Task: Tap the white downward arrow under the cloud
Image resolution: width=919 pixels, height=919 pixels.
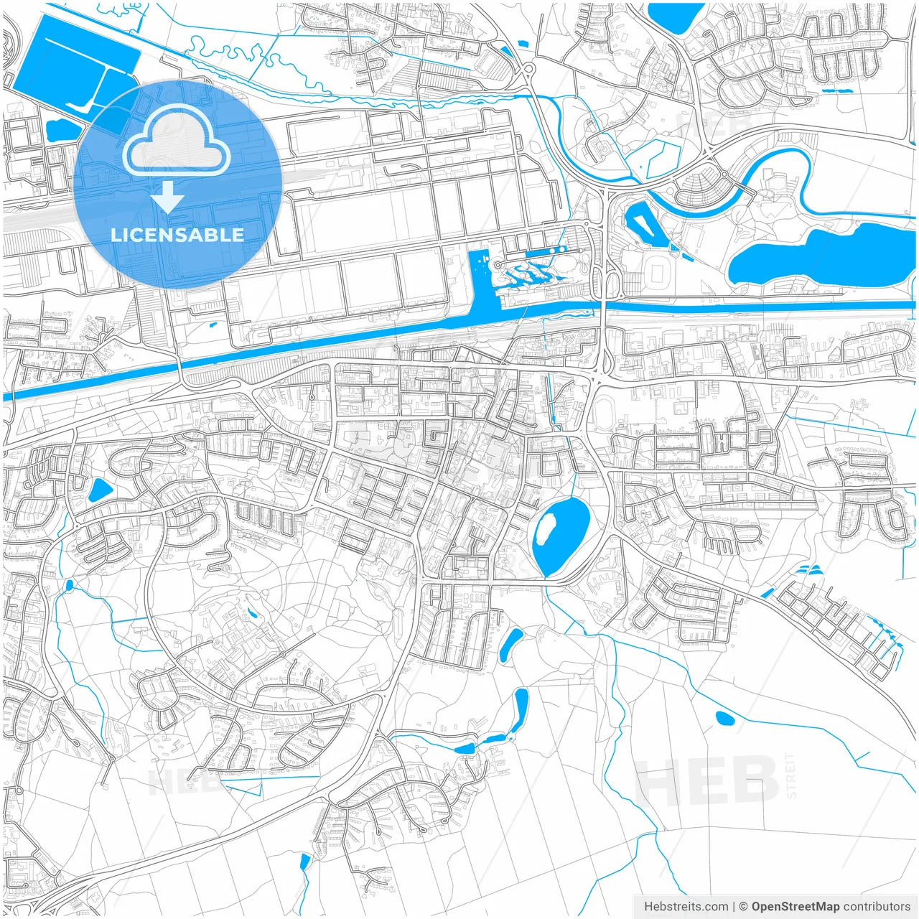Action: click(168, 197)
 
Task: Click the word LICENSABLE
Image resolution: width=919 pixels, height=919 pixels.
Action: click(177, 235)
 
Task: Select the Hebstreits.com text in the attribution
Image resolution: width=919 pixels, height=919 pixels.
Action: click(686, 907)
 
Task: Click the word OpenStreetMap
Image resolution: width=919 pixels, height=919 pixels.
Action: click(795, 907)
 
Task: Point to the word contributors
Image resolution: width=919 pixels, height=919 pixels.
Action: click(877, 907)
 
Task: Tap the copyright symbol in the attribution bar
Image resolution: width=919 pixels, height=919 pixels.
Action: click(744, 907)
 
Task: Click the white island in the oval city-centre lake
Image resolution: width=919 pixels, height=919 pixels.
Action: click(545, 530)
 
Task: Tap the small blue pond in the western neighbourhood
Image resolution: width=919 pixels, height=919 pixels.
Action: click(99, 490)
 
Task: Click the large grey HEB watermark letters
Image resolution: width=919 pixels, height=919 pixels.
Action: click(707, 781)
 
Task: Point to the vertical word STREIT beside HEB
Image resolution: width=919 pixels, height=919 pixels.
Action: click(790, 775)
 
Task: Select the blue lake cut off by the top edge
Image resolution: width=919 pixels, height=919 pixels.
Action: click(675, 16)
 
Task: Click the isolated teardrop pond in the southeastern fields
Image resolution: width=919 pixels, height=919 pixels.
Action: click(724, 717)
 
